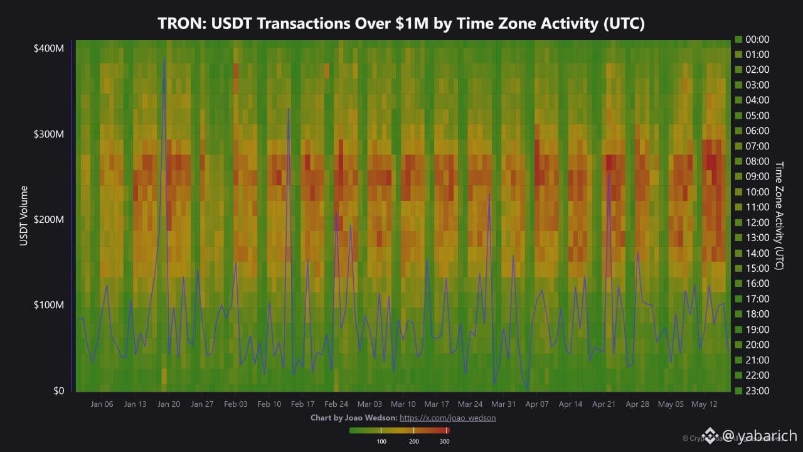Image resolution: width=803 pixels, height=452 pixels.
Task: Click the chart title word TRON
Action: (x=179, y=24)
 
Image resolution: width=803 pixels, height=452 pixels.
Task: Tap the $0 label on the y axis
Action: (x=57, y=391)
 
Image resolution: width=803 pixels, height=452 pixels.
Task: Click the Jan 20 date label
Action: (x=169, y=404)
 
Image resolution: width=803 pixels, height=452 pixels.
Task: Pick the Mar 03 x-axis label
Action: (x=370, y=404)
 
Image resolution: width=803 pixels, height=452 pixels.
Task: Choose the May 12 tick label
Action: (x=704, y=404)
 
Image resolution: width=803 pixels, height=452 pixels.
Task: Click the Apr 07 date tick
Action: (x=536, y=404)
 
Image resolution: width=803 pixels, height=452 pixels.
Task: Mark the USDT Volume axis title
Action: (x=24, y=215)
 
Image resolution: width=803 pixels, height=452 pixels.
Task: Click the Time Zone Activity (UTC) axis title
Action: (x=780, y=215)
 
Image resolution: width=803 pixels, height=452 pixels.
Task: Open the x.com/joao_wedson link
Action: (x=447, y=417)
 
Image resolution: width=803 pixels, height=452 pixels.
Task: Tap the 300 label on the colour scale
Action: (x=444, y=441)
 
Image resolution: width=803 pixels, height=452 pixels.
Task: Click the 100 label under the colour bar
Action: (x=381, y=441)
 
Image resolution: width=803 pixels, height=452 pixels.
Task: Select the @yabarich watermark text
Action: (x=760, y=436)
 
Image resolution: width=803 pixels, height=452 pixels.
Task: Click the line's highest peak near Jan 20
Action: (x=164, y=58)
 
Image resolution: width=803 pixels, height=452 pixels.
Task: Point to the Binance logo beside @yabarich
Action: (x=710, y=435)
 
